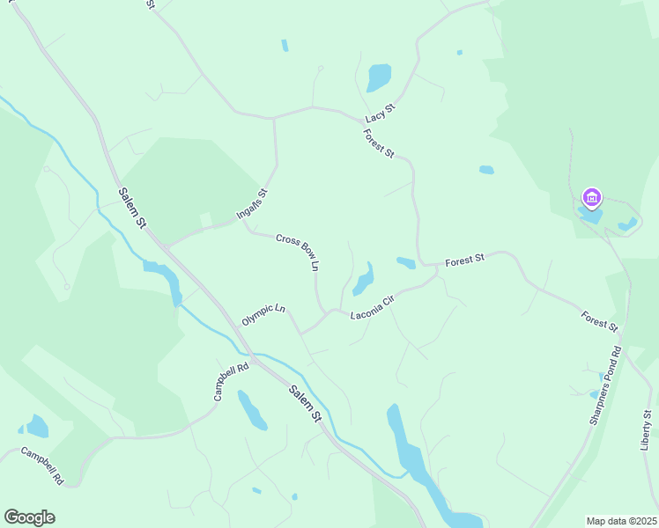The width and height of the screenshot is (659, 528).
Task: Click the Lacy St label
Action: tap(381, 112)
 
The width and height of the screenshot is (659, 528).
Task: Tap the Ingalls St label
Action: tap(251, 204)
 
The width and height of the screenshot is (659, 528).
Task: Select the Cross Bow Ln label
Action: tap(297, 252)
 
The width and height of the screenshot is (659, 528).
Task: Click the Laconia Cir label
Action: tap(371, 307)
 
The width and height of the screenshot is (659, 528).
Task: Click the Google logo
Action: tap(30, 517)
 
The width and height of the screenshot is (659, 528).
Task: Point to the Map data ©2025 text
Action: tap(621, 520)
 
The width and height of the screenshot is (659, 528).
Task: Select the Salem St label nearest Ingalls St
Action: tap(132, 209)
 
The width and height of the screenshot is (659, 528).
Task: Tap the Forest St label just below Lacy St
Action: tap(379, 143)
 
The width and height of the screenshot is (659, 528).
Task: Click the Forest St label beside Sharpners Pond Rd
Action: tap(599, 320)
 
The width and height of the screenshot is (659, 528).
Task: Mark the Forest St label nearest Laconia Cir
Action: tap(465, 260)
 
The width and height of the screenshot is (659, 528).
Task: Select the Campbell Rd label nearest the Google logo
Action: tap(42, 467)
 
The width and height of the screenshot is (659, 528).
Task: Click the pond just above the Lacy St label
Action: tap(379, 78)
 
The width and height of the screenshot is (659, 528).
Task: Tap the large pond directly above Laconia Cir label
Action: tap(364, 280)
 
